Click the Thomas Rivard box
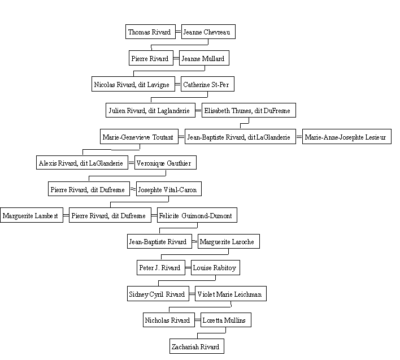tap(150, 32)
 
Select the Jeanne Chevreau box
tap(208, 32)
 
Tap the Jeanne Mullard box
tap(204, 58)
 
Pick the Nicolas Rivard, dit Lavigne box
tap(133, 84)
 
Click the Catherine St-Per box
tap(207, 84)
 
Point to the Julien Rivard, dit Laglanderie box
tap(150, 110)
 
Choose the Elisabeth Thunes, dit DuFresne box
tap(249, 110)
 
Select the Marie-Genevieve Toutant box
tap(139, 137)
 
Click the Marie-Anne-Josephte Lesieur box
tap(347, 137)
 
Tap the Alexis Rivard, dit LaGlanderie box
tap(82, 163)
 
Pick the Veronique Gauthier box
tap(166, 163)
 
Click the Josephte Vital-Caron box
tap(169, 189)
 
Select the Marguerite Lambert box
tap(32, 215)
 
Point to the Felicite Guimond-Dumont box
tap(197, 215)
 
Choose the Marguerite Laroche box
tap(229, 241)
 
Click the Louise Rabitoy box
tap(215, 268)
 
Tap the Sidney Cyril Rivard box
tap(158, 294)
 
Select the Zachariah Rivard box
tap(197, 346)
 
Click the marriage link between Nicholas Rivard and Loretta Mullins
tap(198, 320)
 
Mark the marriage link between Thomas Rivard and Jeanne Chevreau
tap(179, 32)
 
